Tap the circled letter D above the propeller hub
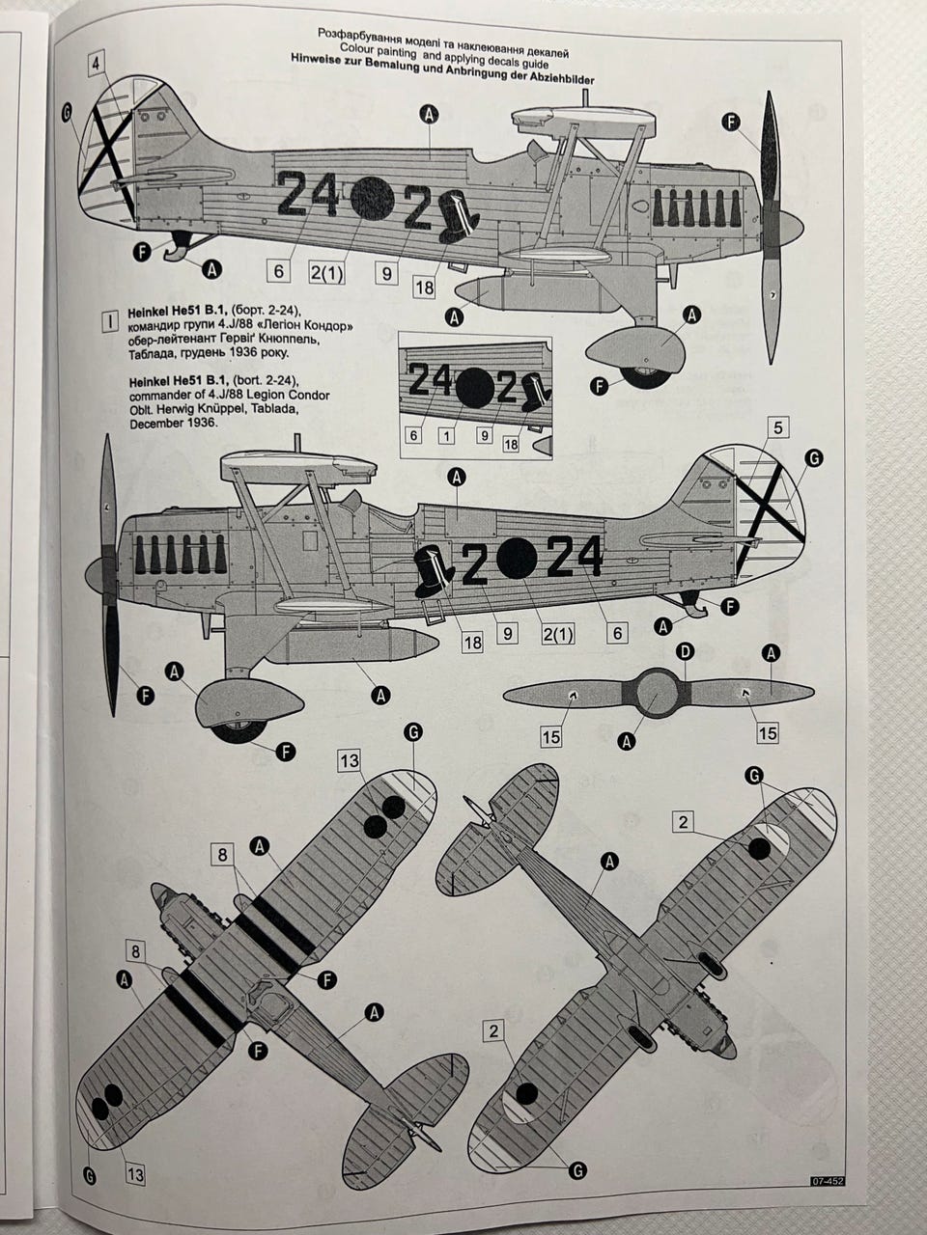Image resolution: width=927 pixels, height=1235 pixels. pyautogui.click(x=685, y=653)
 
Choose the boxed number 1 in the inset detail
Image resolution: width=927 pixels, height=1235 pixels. pyautogui.click(x=445, y=435)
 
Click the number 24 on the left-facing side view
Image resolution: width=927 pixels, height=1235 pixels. pyautogui.click(x=576, y=555)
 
